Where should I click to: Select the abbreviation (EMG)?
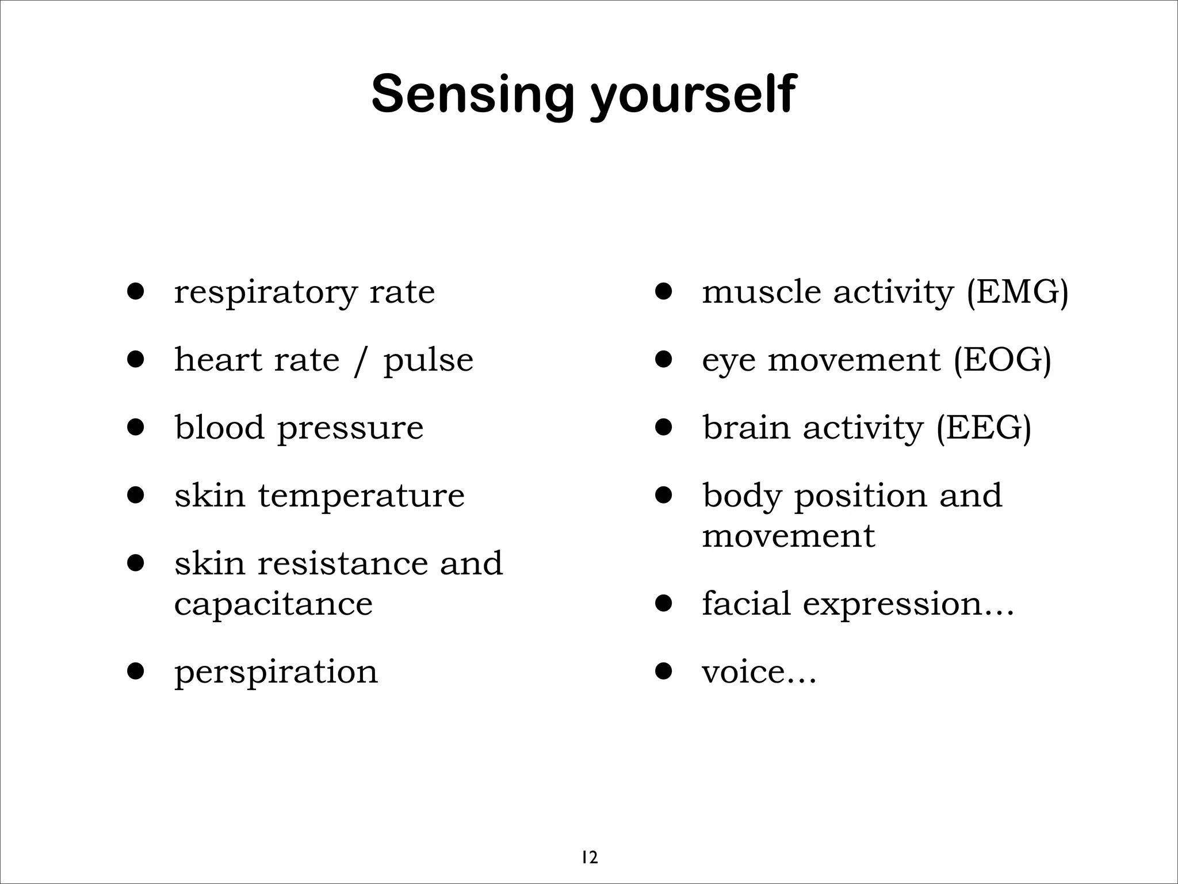(1017, 292)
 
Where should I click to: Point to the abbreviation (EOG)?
(1002, 360)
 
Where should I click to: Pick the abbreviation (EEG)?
(983, 428)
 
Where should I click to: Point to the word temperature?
(361, 496)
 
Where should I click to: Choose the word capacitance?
(273, 604)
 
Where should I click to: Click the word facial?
(746, 603)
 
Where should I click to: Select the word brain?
(746, 428)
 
